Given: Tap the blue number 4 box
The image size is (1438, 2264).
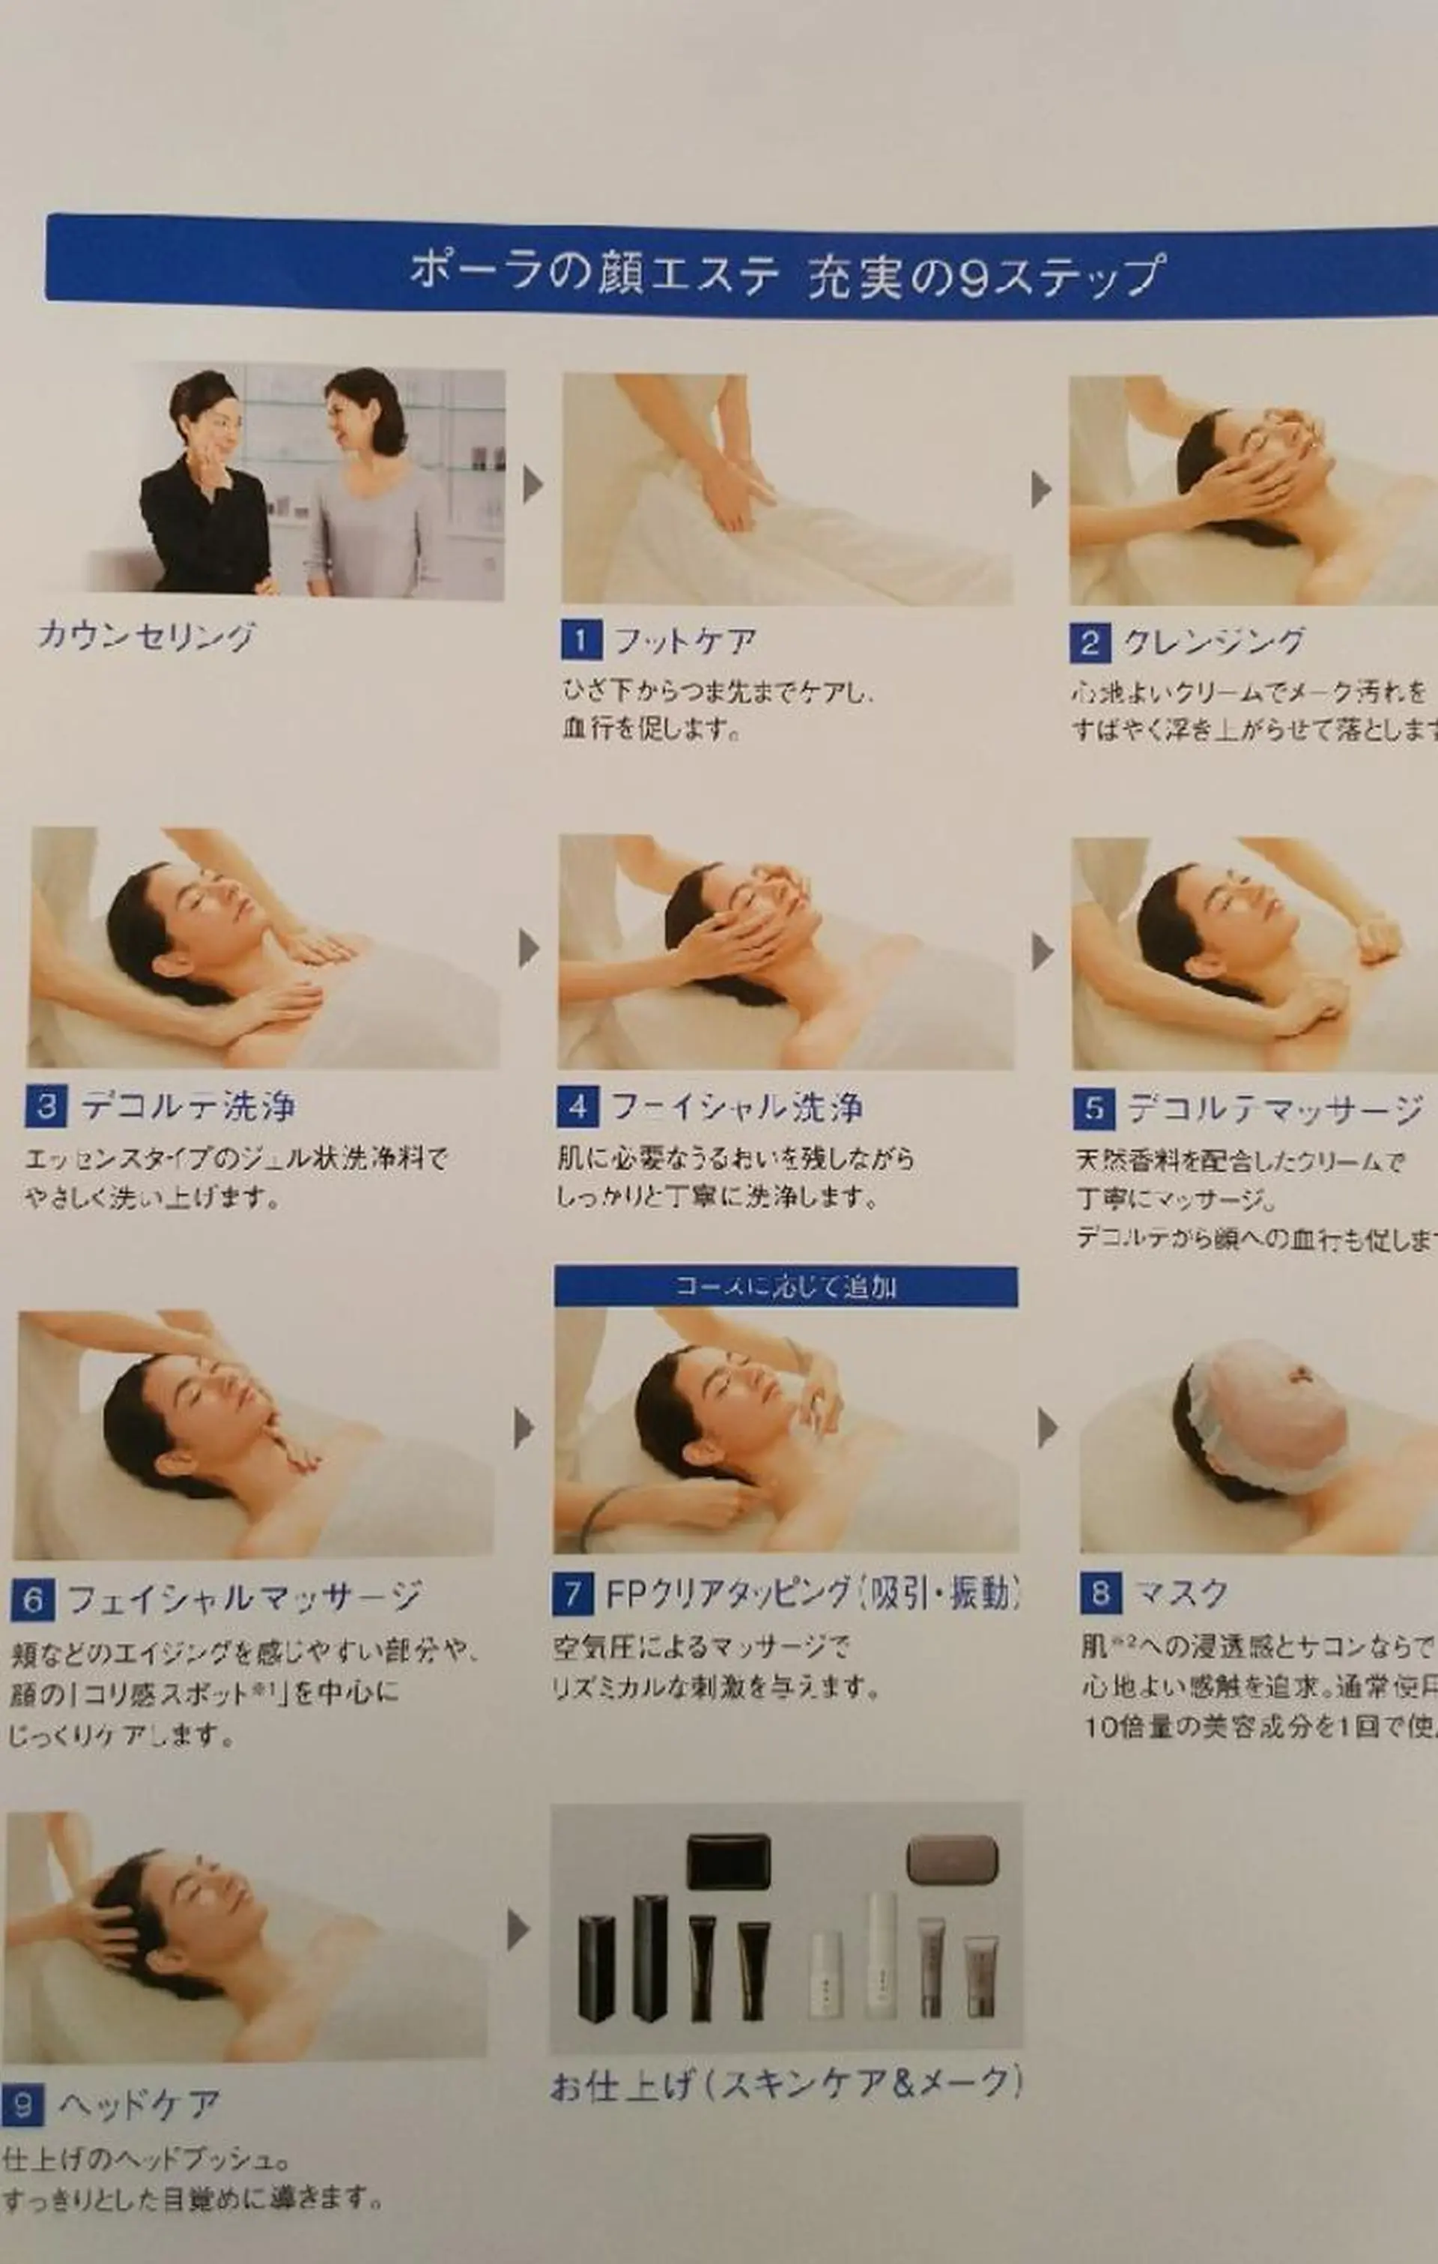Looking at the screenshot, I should coord(577,1107).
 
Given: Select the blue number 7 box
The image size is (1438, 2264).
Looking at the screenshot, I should coord(572,1593).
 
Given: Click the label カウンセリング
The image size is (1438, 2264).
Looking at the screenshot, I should coord(147,636).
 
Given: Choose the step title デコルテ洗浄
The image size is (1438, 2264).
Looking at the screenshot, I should coord(188,1107).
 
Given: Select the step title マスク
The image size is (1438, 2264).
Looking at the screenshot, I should coord(1181,1593).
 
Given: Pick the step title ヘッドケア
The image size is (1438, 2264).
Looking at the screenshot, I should coord(139,2104).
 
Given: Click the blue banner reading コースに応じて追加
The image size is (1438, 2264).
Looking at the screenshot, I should coord(785,1285).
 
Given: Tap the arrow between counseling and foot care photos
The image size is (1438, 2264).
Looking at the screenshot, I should coord(533,484).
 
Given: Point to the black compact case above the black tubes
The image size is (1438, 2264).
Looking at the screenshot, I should coord(729,1861).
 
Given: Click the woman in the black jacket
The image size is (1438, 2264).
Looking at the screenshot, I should coord(205,489).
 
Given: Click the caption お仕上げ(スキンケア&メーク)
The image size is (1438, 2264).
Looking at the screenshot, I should coord(785,2084).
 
